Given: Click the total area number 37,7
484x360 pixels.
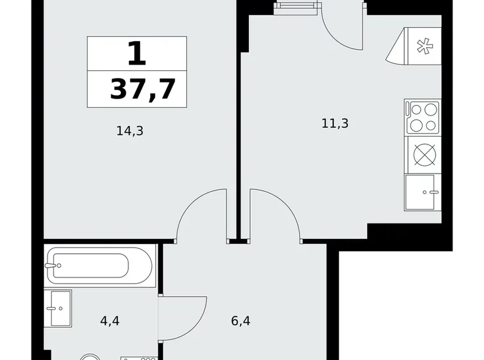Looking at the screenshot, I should coord(140,89).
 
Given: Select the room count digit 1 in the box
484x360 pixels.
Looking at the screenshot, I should coord(137,55).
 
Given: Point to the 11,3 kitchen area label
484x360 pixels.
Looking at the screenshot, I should coord(335,123).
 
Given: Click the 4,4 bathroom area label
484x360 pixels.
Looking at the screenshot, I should coord(110,322).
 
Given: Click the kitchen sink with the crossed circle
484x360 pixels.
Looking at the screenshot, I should coord(423,154).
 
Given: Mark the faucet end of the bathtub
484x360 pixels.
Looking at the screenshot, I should coord(52,265).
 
